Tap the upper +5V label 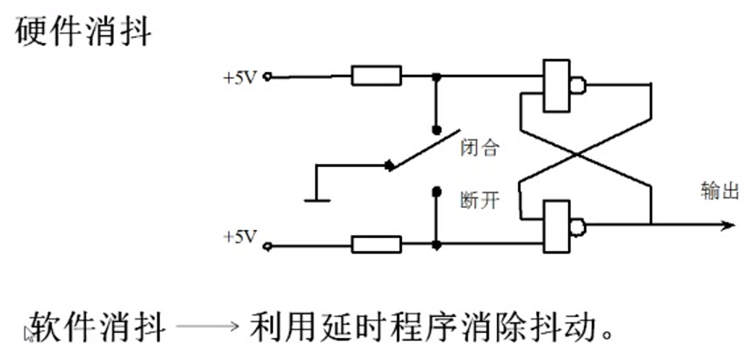click(239, 77)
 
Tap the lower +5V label click(239, 237)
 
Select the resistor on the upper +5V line click(376, 76)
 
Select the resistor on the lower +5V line click(376, 243)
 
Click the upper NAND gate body click(556, 86)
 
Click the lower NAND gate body click(556, 226)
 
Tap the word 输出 click(719, 191)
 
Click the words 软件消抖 click(97, 328)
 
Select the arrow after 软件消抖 click(207, 329)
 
